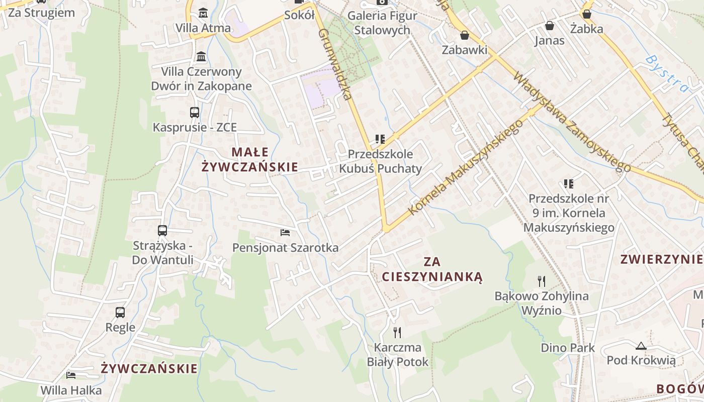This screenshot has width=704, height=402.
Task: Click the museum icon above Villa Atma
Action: tap(203, 13)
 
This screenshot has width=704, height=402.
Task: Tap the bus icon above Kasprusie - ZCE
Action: tap(195, 112)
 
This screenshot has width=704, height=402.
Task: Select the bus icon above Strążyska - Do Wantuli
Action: tap(162, 231)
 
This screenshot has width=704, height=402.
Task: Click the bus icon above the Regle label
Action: tap(120, 312)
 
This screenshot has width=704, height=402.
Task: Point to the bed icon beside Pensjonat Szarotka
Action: tap(285, 233)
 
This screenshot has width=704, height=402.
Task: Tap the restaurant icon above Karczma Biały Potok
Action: tap(397, 332)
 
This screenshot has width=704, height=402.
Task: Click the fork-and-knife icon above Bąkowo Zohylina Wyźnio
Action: tap(542, 281)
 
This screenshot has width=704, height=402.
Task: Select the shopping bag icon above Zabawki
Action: tap(465, 35)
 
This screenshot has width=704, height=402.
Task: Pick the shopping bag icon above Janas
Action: tap(550, 25)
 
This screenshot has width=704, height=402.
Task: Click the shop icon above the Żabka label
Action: tap(587, 14)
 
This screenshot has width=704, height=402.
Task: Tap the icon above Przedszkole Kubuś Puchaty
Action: tap(380, 139)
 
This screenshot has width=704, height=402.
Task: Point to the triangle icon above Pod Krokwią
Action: tap(641, 346)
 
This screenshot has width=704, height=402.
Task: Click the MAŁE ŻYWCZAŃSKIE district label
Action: tap(250, 159)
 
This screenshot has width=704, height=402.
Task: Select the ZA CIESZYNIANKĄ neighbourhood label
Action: tap(432, 269)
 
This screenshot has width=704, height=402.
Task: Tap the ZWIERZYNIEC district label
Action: tap(661, 259)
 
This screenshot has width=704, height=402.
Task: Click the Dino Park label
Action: tap(568, 348)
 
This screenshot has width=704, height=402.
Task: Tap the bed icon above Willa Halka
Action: tap(71, 375)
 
